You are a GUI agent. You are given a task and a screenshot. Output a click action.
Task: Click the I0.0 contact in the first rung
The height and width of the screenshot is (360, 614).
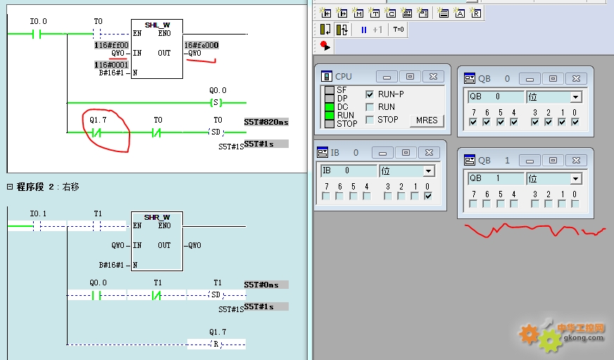tap(37, 34)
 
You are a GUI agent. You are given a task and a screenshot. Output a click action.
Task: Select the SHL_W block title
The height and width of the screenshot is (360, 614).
tap(157, 25)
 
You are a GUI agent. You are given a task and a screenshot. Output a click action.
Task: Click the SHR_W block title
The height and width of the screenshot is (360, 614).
tap(156, 217)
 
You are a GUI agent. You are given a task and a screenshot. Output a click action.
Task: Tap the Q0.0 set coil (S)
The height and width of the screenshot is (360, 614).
tap(215, 103)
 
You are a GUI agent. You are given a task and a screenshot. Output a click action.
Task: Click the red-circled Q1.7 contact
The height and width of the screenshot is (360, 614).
tap(96, 132)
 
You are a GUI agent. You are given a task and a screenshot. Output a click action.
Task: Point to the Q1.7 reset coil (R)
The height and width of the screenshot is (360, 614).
tap(215, 345)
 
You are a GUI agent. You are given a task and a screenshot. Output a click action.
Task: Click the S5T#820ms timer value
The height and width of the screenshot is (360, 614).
tap(266, 122)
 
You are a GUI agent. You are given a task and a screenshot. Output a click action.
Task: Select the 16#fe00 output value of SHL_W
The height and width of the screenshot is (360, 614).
tap(201, 45)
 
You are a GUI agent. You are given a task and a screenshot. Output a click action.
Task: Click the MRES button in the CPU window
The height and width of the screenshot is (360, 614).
tap(427, 120)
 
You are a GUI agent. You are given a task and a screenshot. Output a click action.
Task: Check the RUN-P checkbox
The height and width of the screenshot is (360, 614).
tap(369, 94)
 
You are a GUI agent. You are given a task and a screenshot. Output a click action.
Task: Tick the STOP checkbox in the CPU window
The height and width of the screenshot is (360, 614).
tap(369, 120)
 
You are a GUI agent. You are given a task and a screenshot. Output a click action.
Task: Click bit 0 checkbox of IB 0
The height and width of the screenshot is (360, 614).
tap(428, 196)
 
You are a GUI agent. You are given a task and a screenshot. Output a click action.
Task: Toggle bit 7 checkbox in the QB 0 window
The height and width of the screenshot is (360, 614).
tap(473, 122)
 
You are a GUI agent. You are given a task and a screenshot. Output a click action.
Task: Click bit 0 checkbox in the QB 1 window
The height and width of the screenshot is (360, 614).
tap(575, 204)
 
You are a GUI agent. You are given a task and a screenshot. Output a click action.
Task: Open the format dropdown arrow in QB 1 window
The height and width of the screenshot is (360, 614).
tap(575, 179)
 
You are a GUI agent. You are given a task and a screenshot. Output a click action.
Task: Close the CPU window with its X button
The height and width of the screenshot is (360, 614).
tap(433, 76)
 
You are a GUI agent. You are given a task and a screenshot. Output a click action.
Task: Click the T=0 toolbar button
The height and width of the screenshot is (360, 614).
tap(399, 30)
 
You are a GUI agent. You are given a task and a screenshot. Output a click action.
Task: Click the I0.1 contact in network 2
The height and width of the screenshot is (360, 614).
tap(37, 226)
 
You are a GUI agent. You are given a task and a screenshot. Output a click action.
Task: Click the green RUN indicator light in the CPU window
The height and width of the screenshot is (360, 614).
tap(330, 115)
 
